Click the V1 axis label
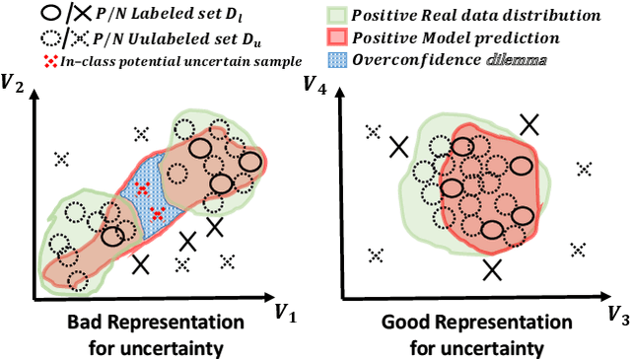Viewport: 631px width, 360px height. click(x=285, y=313)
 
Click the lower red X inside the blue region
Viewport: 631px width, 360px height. click(x=156, y=212)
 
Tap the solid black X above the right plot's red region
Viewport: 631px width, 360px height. click(x=529, y=123)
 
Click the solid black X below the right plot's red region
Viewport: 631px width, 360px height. click(x=492, y=269)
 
